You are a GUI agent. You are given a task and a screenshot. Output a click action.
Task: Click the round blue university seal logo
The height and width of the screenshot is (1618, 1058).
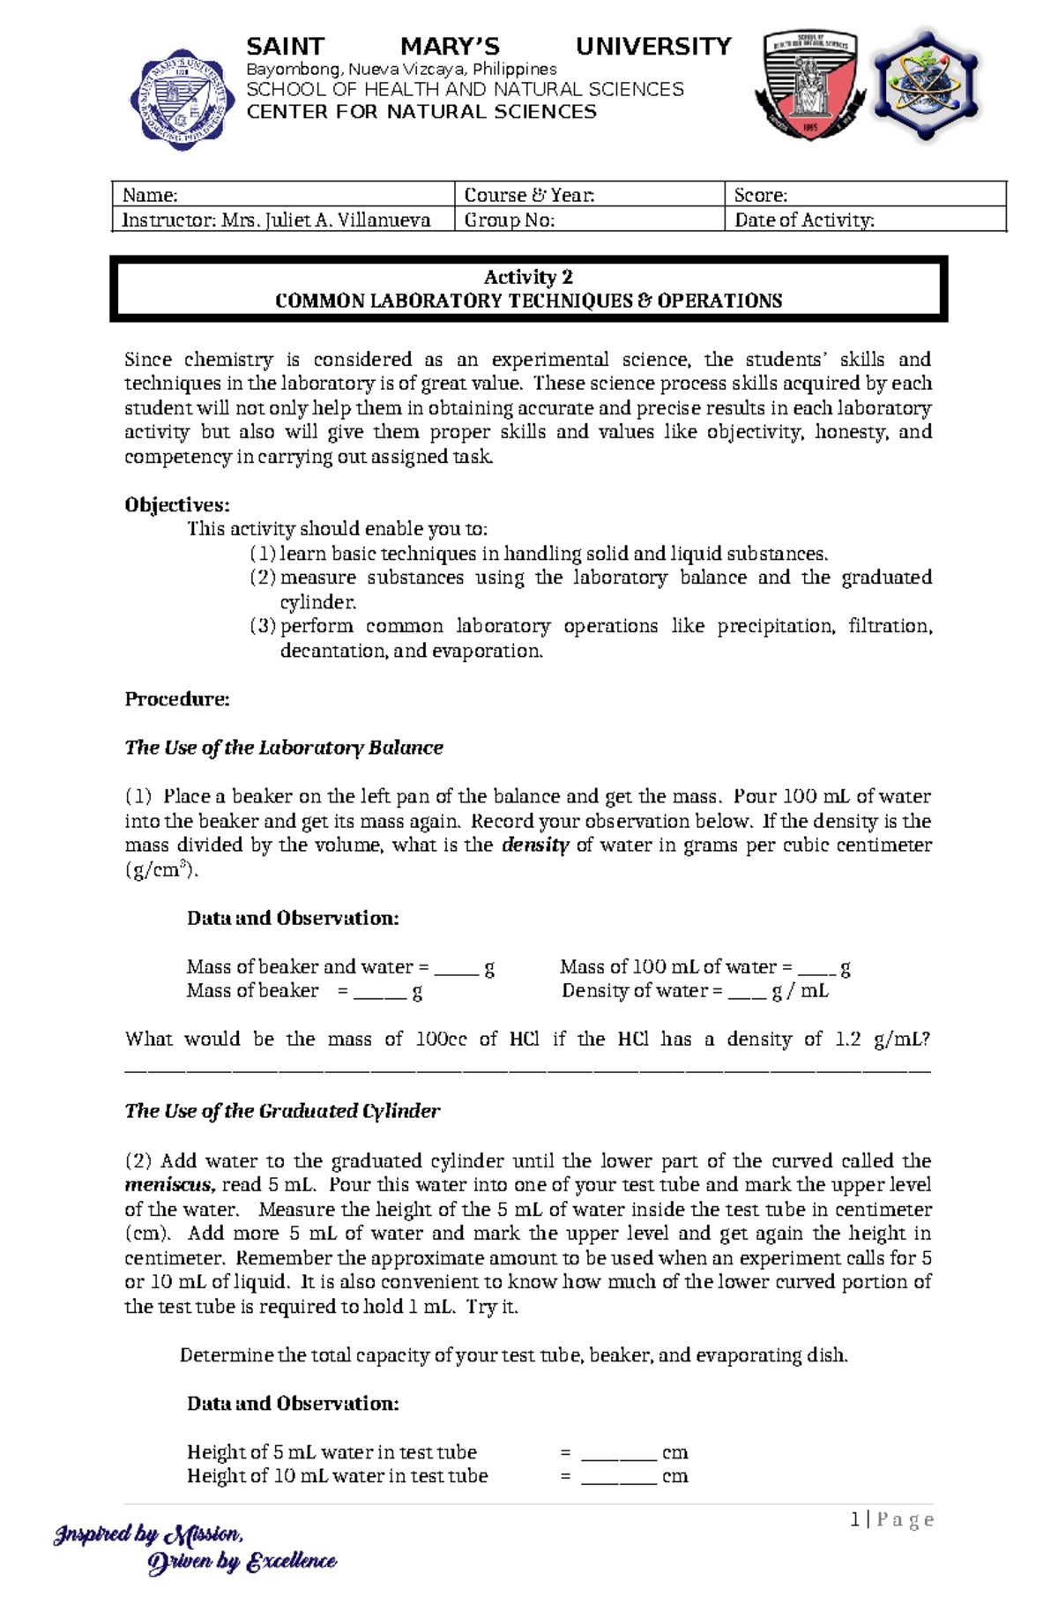(x=183, y=100)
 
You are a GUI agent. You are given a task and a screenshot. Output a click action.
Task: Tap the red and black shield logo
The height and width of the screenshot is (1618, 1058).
(x=809, y=86)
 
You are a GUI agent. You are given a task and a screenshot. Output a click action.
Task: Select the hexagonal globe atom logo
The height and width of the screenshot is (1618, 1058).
(x=925, y=86)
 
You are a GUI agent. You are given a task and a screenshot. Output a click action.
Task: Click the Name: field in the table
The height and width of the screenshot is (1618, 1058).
(x=282, y=195)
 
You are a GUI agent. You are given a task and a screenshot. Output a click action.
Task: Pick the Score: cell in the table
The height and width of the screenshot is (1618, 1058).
(x=864, y=195)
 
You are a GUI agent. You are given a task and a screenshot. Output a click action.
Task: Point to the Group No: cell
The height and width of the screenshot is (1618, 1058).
(x=589, y=220)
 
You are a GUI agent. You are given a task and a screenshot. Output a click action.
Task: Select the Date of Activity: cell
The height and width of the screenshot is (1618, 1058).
(x=864, y=220)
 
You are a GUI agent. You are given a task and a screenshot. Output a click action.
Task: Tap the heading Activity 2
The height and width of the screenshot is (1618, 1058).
(x=528, y=277)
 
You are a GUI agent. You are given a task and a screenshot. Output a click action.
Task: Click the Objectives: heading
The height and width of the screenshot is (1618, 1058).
(x=176, y=504)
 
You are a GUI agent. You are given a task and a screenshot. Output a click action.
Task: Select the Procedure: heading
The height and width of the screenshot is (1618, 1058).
(x=176, y=699)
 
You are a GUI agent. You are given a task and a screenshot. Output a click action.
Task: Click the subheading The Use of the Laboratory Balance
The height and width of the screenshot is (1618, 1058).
(x=283, y=748)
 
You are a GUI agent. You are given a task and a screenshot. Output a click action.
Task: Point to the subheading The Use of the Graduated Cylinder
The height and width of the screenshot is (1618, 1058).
(x=282, y=1111)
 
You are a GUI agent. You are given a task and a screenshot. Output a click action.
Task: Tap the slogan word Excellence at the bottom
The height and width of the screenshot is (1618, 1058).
(x=291, y=1562)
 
